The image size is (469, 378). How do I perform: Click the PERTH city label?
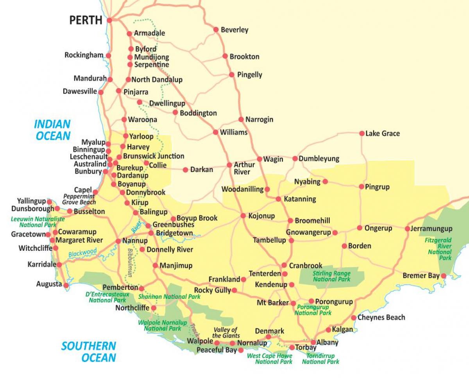[x=86, y=20]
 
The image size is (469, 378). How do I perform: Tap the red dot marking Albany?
[x=313, y=342]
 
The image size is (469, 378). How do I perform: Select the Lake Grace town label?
[x=382, y=133]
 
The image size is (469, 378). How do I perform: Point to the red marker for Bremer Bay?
[x=444, y=276]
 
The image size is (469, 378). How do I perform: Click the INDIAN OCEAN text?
[x=52, y=130]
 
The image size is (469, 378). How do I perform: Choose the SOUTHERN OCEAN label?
[x=89, y=351]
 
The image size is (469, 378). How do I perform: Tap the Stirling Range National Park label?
[x=331, y=276]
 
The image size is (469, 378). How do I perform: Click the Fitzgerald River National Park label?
[x=440, y=249]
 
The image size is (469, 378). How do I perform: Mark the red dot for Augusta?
[x=66, y=285]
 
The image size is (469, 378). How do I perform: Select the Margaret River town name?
[x=79, y=240]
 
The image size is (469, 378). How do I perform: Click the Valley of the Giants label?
[x=226, y=333]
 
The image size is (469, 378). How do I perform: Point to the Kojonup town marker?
[x=243, y=216]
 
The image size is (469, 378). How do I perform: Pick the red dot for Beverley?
[x=216, y=29]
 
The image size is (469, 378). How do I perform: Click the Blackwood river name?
[x=82, y=253]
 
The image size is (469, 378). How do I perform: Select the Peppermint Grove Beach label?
[x=79, y=199]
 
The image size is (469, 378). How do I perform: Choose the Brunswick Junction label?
[x=153, y=156]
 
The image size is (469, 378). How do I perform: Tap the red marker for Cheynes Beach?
[x=354, y=318]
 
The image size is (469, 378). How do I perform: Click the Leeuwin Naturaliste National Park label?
[x=32, y=222]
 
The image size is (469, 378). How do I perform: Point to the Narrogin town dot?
[x=242, y=119]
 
